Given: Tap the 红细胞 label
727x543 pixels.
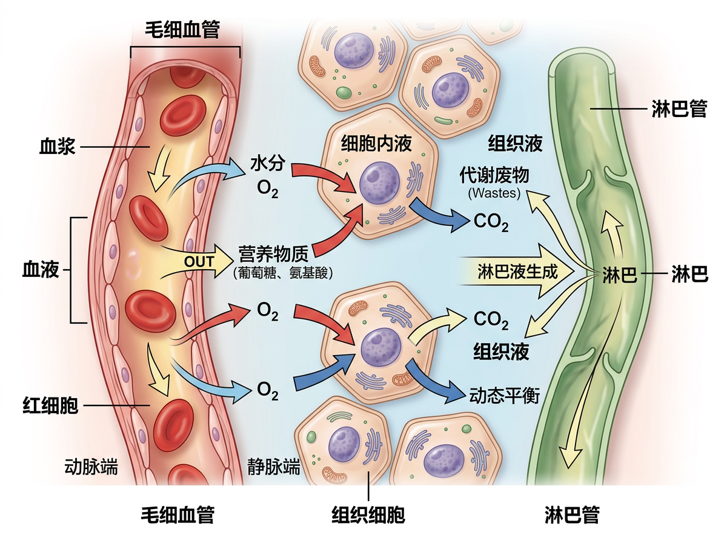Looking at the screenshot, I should point(50,405).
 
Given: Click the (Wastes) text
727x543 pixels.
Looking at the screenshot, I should point(494,194).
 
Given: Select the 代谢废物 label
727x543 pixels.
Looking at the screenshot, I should point(494,176).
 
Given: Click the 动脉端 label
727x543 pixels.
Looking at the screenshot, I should point(91,467).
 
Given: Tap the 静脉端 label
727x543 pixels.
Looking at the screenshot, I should point(274,467).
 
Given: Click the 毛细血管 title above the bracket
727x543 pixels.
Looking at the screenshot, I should point(182,29).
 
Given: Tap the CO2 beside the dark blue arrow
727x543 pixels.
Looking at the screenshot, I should point(491,222).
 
